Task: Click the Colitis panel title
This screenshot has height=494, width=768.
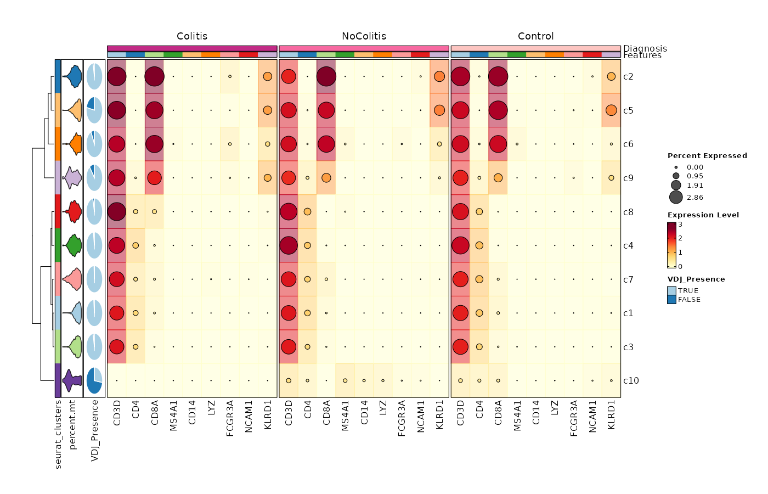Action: (192, 36)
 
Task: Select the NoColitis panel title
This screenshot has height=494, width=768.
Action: (364, 36)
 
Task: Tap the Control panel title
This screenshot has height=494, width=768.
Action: (535, 36)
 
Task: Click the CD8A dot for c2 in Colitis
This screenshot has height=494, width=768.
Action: (155, 76)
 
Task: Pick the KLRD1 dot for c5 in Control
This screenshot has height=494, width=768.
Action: (611, 110)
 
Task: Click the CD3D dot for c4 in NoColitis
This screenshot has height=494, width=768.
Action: (289, 245)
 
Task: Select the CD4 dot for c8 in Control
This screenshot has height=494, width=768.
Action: (479, 212)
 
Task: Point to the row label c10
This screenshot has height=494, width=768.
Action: (631, 380)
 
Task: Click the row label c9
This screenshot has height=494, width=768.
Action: (628, 178)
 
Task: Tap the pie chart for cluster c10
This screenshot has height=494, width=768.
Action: (94, 380)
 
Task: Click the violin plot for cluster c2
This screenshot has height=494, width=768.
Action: (72, 76)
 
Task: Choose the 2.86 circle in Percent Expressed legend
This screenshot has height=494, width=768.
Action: (676, 198)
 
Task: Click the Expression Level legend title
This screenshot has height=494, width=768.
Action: (703, 215)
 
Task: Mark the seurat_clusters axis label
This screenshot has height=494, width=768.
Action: (58, 434)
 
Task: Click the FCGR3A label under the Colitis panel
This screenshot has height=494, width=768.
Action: (230, 418)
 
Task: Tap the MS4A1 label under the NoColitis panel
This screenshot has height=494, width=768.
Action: (345, 416)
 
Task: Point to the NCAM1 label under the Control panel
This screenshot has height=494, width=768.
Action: (592, 417)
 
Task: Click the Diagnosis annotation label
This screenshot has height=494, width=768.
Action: (645, 48)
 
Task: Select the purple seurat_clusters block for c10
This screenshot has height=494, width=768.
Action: (58, 380)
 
